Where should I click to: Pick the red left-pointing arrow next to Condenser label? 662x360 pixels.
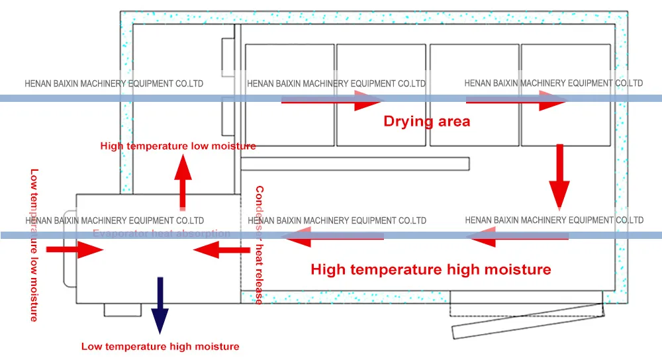point(218,249)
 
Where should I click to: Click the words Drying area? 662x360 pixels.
point(427,121)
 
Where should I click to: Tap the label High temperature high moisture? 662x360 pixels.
point(430,269)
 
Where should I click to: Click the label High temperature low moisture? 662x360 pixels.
point(178,146)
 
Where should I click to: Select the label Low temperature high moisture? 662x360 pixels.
point(160,346)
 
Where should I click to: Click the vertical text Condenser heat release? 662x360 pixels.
point(259,245)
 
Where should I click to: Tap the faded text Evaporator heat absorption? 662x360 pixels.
point(162,234)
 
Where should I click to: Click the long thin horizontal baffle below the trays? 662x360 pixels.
point(355,163)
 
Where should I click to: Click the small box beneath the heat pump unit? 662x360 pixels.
point(122,310)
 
